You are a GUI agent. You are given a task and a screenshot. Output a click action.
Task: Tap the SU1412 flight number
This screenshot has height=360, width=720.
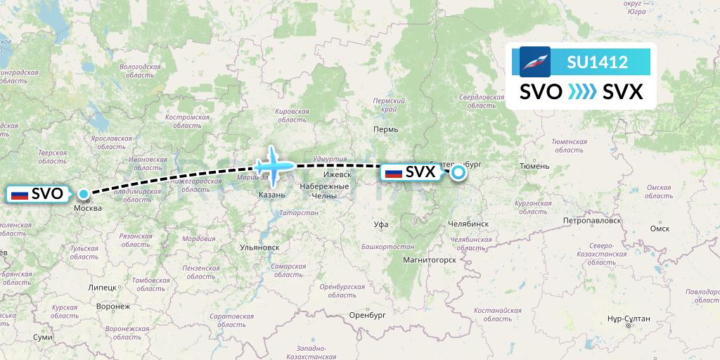[597, 63]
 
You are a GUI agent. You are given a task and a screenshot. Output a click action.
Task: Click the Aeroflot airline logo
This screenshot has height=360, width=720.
[534, 62]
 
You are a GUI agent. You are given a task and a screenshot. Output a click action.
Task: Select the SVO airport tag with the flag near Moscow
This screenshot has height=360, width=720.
[38, 193]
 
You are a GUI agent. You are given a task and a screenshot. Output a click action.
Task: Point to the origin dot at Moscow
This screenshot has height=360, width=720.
[84, 194]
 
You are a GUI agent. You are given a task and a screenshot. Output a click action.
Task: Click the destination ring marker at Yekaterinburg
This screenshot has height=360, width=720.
[458, 172]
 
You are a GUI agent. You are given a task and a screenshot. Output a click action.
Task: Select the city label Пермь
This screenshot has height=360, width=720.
[387, 129]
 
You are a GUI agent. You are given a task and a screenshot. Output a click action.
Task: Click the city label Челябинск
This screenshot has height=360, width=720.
[468, 224]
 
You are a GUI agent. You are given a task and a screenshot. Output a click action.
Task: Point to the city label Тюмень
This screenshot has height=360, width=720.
[534, 166]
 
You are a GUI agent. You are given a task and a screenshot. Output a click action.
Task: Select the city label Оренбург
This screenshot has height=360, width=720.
[368, 316]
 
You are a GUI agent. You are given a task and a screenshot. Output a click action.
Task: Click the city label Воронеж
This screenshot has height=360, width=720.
[113, 307]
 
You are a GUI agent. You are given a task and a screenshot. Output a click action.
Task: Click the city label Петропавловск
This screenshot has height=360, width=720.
[592, 220]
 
